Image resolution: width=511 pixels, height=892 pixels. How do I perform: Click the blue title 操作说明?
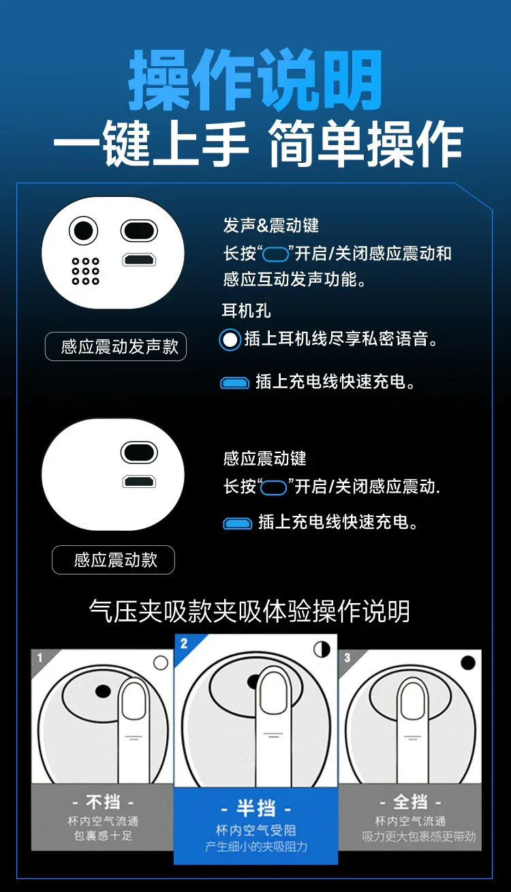(x=255, y=80)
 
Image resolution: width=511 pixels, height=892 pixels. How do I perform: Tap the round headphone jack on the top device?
(x=83, y=230)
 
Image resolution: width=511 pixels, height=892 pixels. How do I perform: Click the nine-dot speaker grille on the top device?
(x=85, y=271)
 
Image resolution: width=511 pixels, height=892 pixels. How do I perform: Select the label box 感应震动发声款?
(x=116, y=346)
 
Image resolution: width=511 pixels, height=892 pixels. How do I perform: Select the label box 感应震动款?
(x=113, y=560)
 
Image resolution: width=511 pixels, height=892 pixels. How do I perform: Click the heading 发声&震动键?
(x=271, y=226)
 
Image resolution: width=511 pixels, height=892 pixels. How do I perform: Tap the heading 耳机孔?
(x=246, y=311)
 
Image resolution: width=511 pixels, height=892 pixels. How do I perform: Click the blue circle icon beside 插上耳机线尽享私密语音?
(x=230, y=339)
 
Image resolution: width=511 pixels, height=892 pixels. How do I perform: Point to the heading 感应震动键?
(x=264, y=459)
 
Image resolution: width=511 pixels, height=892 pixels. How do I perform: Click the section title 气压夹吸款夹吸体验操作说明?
(x=250, y=611)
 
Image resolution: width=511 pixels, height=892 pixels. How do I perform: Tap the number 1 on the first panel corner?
(x=40, y=658)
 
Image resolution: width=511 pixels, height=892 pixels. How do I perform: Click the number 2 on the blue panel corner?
(x=183, y=643)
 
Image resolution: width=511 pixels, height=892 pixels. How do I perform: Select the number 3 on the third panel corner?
(x=347, y=658)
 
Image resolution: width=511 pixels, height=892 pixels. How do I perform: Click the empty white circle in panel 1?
(x=161, y=663)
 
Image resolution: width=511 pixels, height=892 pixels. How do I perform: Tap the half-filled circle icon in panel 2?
(x=322, y=649)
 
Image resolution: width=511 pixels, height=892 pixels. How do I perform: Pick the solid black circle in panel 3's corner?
(x=468, y=663)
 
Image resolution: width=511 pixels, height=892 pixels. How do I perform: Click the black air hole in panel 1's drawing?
(x=103, y=691)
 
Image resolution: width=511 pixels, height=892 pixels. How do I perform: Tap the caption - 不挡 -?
(x=103, y=802)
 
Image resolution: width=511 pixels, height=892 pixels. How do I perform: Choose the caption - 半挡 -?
(x=255, y=808)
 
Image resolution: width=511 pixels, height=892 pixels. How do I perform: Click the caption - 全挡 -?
(x=410, y=802)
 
